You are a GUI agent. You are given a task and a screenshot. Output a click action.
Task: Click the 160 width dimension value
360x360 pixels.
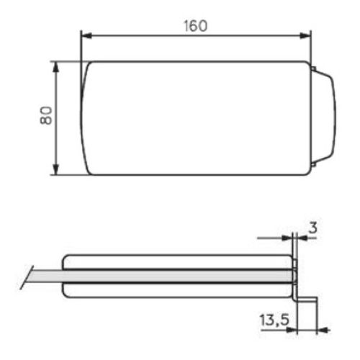[194, 26]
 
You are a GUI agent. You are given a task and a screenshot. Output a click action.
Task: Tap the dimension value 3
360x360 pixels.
[312, 228]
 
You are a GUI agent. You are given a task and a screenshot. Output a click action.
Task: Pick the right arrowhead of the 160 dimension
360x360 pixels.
[307, 34]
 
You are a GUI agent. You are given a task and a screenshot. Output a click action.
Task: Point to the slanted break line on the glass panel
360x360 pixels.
[28, 276]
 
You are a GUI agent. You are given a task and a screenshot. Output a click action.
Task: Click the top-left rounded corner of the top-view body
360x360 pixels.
[88, 65]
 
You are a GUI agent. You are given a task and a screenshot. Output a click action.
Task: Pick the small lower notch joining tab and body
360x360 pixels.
[314, 167]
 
